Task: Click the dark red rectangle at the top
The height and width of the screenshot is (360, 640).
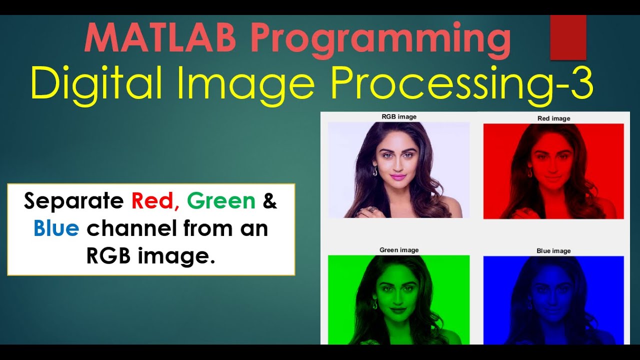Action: (x=568, y=37)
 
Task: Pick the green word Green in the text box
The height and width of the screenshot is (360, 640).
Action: (x=221, y=201)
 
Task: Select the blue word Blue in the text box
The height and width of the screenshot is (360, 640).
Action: (x=56, y=228)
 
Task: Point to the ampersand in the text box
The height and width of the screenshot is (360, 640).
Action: (x=270, y=201)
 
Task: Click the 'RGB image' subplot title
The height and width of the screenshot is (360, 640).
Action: (x=399, y=117)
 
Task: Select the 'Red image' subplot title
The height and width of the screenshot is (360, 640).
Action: (x=553, y=118)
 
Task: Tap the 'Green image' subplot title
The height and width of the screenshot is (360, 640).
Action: (x=399, y=250)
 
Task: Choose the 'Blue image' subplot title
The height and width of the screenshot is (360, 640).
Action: (x=553, y=251)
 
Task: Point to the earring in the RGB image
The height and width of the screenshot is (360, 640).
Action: (x=375, y=171)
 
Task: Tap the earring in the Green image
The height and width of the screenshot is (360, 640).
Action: (x=374, y=304)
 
